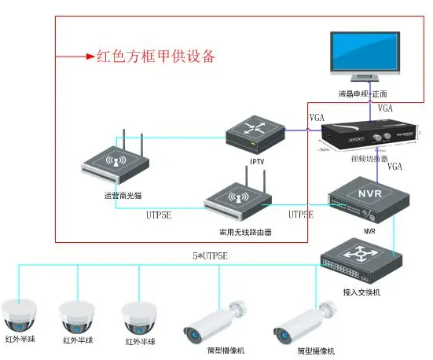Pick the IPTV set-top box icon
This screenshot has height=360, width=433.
[255, 132]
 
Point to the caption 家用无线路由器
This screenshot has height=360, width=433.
[246, 232]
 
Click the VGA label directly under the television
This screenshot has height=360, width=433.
[385, 108]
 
